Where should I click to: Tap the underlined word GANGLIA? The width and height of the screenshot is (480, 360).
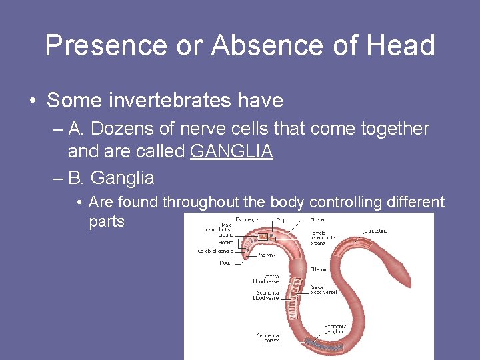click(x=231, y=151)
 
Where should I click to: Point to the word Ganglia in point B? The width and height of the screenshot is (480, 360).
click(x=122, y=178)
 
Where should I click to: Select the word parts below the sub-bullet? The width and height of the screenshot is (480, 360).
click(x=107, y=221)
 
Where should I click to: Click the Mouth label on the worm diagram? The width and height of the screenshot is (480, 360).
click(x=226, y=263)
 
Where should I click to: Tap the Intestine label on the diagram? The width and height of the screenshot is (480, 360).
click(x=377, y=231)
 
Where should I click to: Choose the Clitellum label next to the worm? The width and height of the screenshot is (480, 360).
click(x=319, y=269)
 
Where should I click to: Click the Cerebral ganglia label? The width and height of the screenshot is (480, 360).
click(x=216, y=251)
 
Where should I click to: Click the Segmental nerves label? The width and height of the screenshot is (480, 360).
click(x=268, y=338)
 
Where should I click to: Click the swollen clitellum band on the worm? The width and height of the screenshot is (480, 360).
click(x=297, y=271)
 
